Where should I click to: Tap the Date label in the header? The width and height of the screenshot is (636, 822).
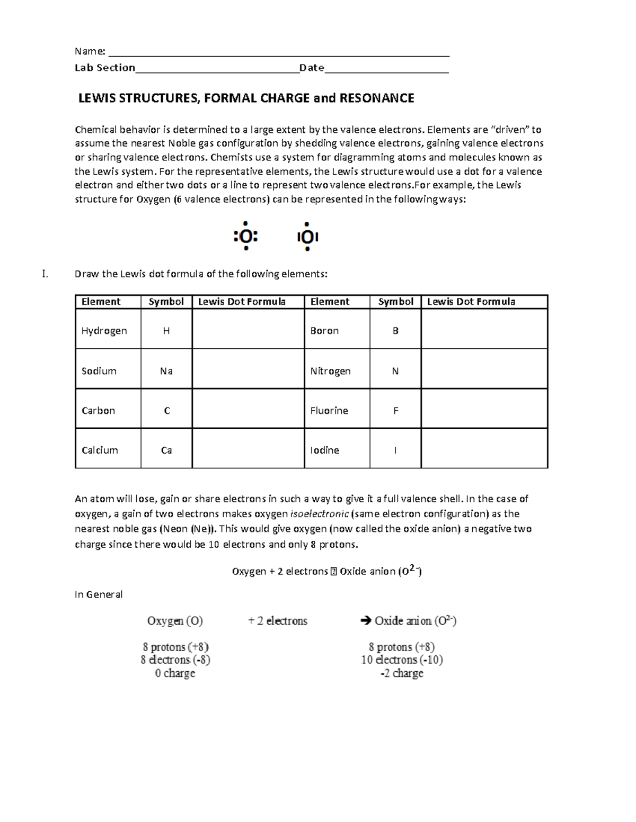312,68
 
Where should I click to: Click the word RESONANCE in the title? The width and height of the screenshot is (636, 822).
376,98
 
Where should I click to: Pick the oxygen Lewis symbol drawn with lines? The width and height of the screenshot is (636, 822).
307,237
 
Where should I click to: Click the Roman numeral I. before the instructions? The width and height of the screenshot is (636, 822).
45,274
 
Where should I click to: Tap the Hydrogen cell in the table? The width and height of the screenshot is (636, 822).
104,331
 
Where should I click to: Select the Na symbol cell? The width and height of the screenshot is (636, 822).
166,371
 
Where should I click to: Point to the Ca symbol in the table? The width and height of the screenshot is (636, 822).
166,450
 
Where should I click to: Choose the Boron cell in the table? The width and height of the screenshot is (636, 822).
324,331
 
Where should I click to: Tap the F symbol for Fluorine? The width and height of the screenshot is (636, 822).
395,411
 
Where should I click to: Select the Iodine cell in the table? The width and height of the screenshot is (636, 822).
325,450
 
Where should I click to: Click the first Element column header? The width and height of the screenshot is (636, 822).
101,302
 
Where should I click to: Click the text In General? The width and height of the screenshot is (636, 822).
99,594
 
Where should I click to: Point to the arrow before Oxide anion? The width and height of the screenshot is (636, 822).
365,621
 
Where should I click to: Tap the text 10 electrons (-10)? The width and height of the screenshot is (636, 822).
402,660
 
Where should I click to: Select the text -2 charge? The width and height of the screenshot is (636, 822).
402,674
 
